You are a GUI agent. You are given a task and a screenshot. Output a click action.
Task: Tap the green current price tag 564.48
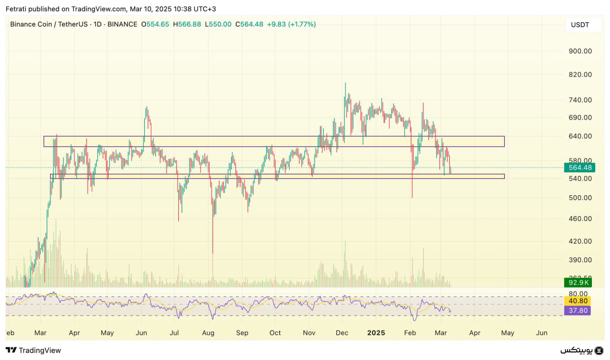(577, 168)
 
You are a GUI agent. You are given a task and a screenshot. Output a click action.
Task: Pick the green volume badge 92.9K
(577, 282)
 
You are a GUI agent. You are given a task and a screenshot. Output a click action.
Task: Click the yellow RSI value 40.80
(577, 301)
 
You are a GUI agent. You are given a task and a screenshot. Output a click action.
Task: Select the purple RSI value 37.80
(577, 310)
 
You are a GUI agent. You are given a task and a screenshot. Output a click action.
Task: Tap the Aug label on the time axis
(208, 333)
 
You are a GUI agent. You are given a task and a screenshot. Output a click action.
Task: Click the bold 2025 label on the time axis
(376, 333)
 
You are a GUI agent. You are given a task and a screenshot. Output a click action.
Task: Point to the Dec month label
(342, 333)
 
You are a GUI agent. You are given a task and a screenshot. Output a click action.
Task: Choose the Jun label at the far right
(541, 333)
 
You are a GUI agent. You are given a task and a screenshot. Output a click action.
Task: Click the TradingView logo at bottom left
(33, 350)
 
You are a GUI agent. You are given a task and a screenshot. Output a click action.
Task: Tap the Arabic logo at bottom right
(582, 350)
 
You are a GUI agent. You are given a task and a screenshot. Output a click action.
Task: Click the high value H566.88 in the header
(188, 24)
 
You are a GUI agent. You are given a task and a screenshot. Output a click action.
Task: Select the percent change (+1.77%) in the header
(301, 24)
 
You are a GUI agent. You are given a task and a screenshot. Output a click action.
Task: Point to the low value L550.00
(218, 24)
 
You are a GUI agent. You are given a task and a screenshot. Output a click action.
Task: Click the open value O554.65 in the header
(155, 24)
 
